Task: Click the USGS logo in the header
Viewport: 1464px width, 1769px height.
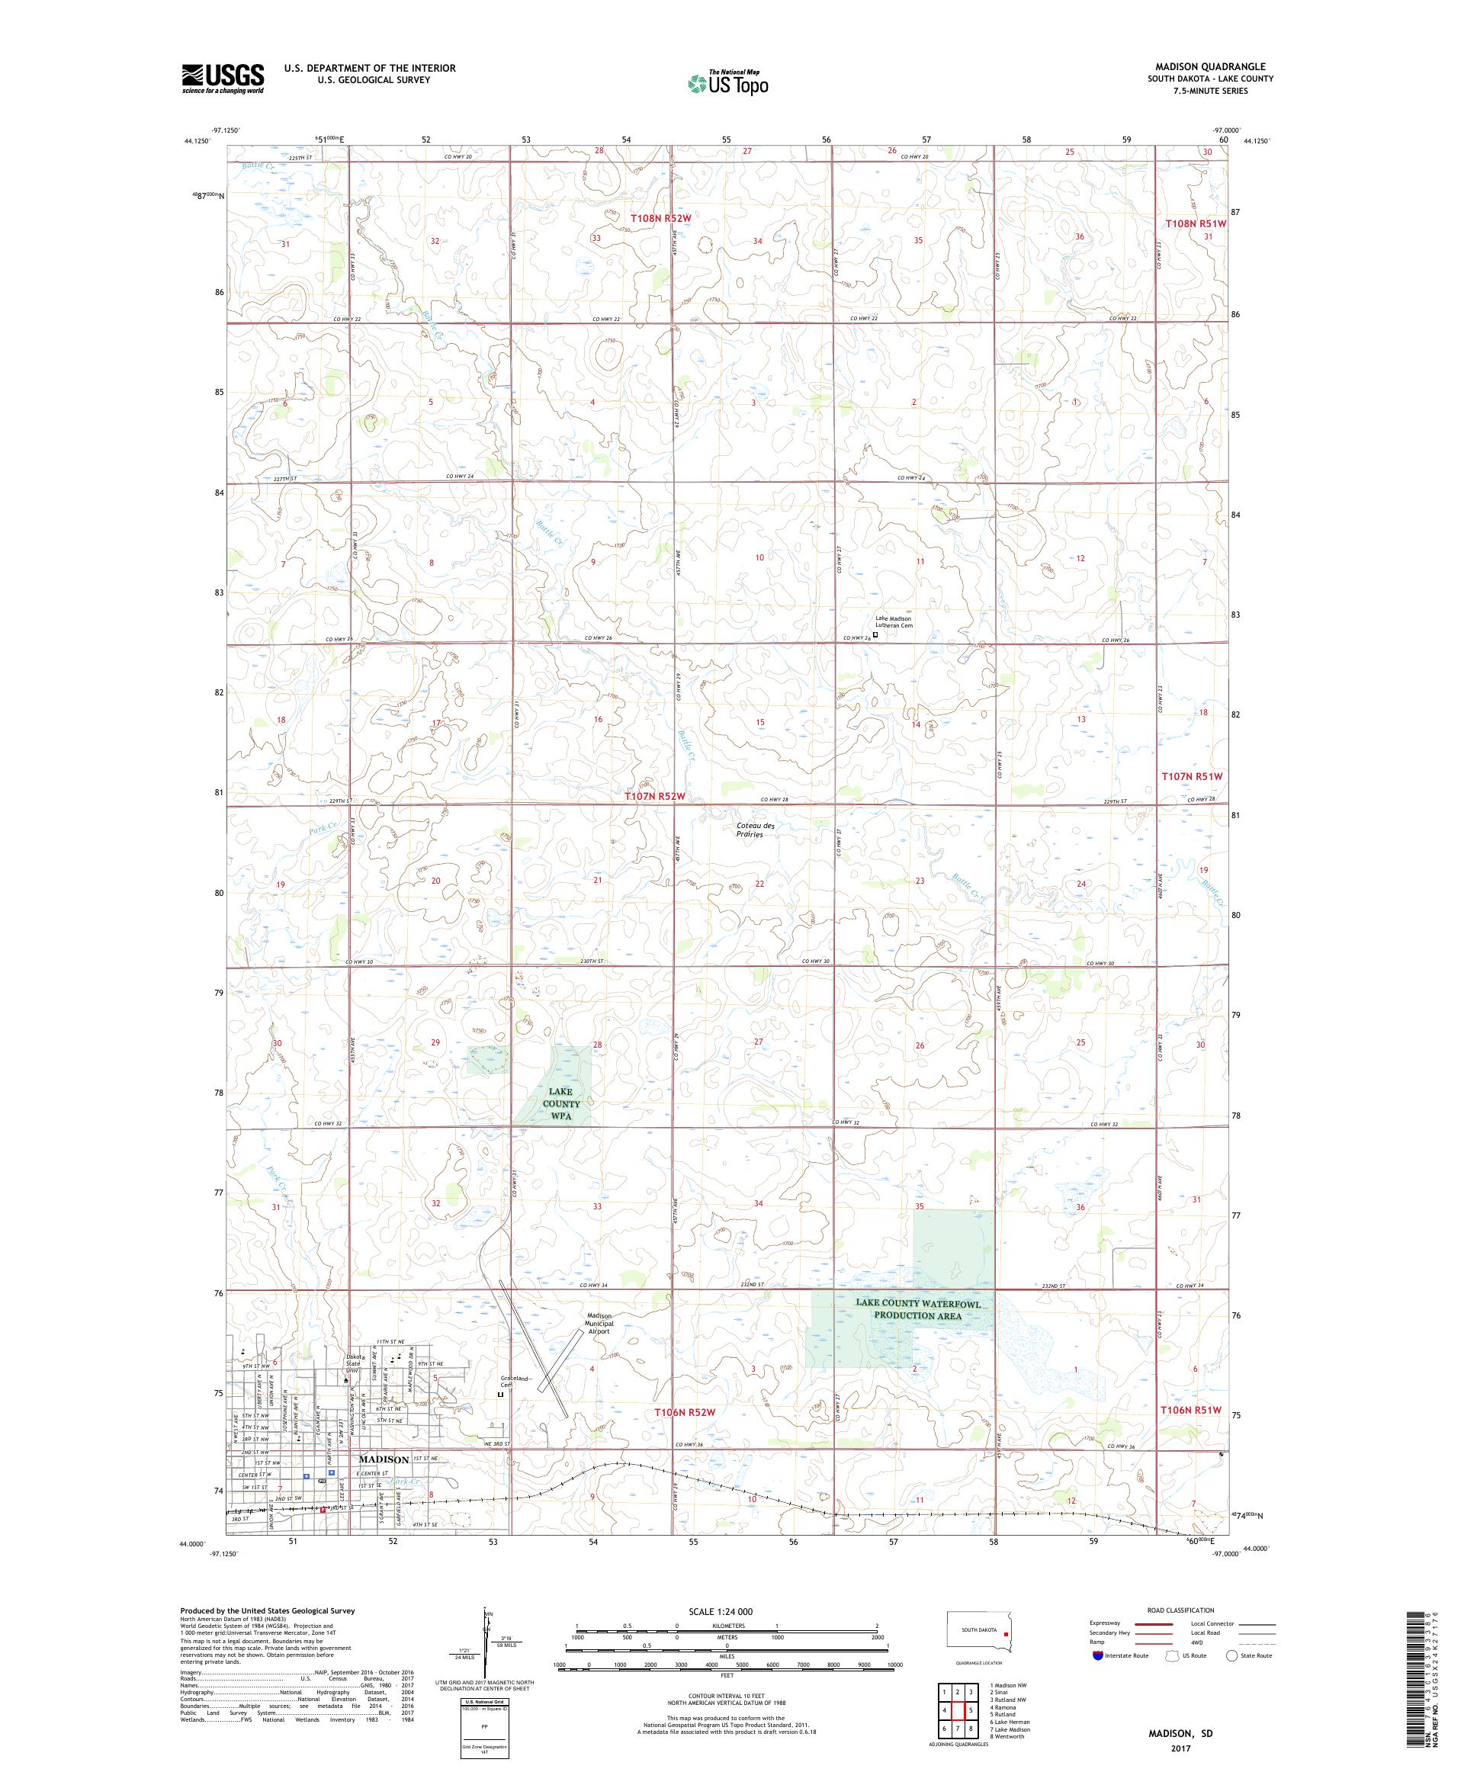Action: pyautogui.click(x=223, y=79)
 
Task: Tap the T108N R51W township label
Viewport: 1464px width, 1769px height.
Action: pyautogui.click(x=1194, y=223)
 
